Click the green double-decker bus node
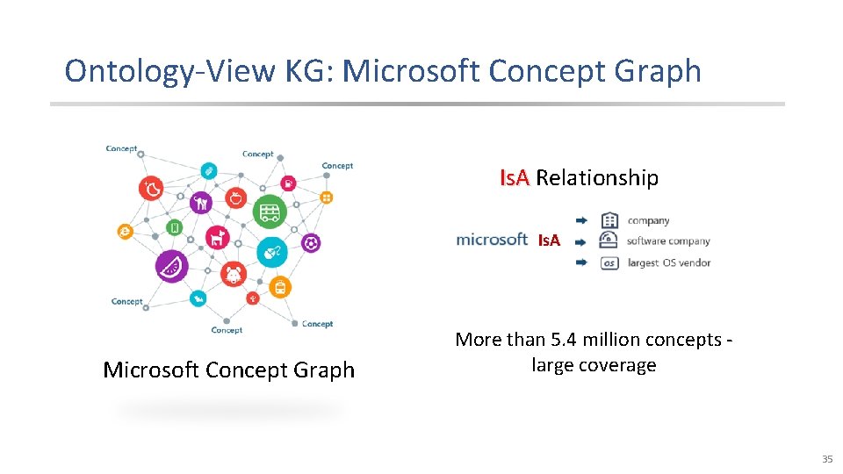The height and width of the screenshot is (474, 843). pyautogui.click(x=270, y=212)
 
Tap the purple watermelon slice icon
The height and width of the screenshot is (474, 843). pyautogui.click(x=171, y=266)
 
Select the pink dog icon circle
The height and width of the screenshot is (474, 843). pyautogui.click(x=218, y=237)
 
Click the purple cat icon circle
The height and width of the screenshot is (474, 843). pyautogui.click(x=202, y=204)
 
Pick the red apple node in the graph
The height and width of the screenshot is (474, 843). pyautogui.click(x=235, y=197)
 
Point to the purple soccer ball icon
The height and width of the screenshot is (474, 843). pyautogui.click(x=310, y=242)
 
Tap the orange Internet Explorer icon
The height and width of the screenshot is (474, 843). pyautogui.click(x=126, y=231)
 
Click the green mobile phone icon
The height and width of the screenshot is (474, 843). pyautogui.click(x=175, y=227)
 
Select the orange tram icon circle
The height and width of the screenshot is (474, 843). pyautogui.click(x=280, y=286)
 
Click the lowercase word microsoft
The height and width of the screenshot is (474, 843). pyautogui.click(x=492, y=240)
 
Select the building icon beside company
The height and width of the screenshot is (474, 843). pyautogui.click(x=609, y=220)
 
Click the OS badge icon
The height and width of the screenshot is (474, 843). pyautogui.click(x=609, y=262)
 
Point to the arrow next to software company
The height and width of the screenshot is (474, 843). pyautogui.click(x=580, y=241)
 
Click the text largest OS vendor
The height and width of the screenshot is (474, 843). pyautogui.click(x=668, y=262)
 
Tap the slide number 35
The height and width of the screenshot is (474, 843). pyautogui.click(x=826, y=459)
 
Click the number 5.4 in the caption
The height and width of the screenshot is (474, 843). pyautogui.click(x=565, y=340)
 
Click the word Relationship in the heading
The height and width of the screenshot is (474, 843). pyautogui.click(x=597, y=178)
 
